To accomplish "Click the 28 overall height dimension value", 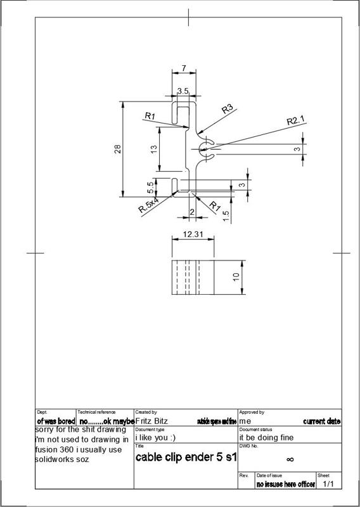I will pyautogui.click(x=117, y=149).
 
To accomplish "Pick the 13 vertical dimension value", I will pyautogui.click(x=153, y=149).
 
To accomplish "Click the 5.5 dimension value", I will pyautogui.click(x=151, y=188).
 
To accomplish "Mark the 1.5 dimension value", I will pyautogui.click(x=226, y=214).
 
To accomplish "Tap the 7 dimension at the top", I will pyautogui.click(x=184, y=68).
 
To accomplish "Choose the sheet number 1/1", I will pyautogui.click(x=328, y=484).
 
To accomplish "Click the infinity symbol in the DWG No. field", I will pyautogui.click(x=290, y=459).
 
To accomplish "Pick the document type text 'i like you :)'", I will pyautogui.click(x=155, y=437).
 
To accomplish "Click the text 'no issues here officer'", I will pyautogui.click(x=285, y=485).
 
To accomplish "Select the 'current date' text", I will pyautogui.click(x=321, y=421).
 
